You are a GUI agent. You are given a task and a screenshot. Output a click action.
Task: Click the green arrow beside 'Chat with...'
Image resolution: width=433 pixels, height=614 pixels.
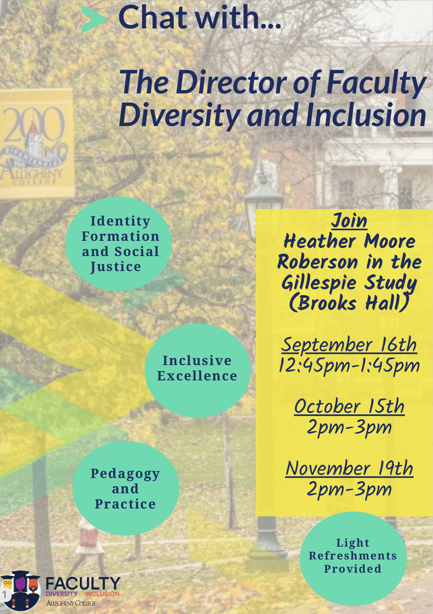point(93,19)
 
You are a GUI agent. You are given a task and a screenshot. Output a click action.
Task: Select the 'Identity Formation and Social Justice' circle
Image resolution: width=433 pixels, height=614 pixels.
point(119,244)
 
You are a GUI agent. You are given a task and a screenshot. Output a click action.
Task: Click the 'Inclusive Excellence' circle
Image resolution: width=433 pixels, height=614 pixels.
point(198,370)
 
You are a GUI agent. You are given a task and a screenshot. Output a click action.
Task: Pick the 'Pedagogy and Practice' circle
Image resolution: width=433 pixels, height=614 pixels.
point(126,488)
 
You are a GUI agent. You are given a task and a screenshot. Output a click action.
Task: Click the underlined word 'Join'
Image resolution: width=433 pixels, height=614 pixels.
point(349,221)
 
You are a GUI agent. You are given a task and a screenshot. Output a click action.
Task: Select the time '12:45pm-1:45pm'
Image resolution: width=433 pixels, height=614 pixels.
point(349,366)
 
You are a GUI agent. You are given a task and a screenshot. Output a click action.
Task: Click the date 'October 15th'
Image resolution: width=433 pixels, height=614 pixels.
point(349,406)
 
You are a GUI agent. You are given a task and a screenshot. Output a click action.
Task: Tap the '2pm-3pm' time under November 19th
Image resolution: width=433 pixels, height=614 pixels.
point(349,489)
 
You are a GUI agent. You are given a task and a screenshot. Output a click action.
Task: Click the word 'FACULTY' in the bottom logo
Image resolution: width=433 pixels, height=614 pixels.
point(83,583)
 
